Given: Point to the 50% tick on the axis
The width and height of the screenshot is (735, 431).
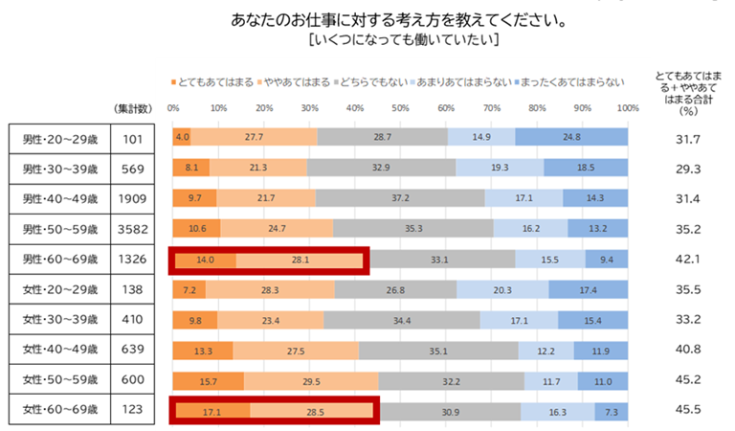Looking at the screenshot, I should tap(400, 107).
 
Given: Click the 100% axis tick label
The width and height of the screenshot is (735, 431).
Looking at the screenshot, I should tap(627, 107).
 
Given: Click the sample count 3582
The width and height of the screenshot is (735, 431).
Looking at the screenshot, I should tap(132, 229).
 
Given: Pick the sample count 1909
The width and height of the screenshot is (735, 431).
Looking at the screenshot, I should tap(132, 199).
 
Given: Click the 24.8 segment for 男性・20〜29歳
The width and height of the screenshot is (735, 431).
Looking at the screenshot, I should tap(571, 138).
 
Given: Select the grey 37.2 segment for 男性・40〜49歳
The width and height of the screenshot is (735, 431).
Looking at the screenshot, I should tap(400, 198).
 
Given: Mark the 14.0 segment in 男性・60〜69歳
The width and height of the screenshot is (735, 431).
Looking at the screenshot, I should tap(204, 259).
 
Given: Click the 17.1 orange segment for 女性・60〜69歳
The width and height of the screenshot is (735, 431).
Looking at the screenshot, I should tap(211, 409).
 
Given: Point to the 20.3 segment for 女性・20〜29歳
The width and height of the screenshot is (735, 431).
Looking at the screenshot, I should tap(502, 289).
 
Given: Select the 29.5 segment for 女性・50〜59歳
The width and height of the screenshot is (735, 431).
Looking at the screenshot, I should tap(311, 379).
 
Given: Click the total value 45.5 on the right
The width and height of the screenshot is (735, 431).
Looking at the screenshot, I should tap(686, 409).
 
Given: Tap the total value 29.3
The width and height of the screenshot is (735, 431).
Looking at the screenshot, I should tap(686, 169).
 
